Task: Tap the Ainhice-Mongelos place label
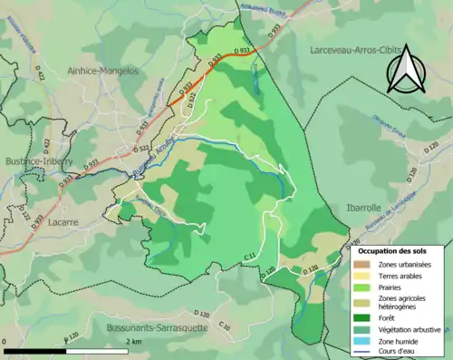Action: tap(114, 70)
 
